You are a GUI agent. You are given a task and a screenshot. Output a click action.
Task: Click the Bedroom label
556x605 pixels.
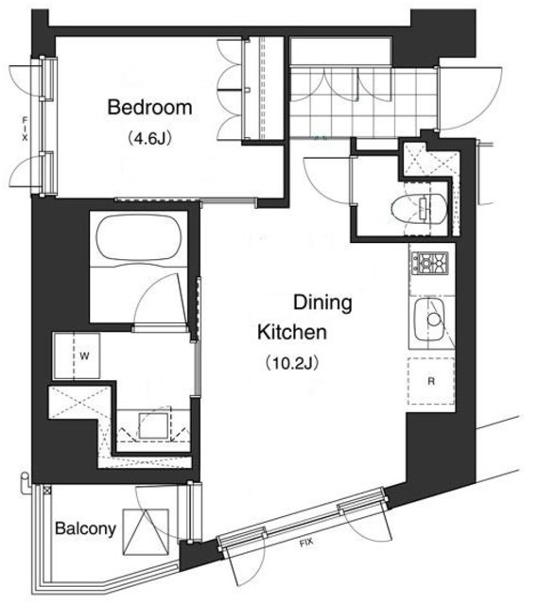[x=149, y=107]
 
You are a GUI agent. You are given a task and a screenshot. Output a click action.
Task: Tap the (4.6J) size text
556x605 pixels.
[x=149, y=138]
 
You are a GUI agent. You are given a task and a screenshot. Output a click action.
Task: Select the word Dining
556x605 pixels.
[x=322, y=303]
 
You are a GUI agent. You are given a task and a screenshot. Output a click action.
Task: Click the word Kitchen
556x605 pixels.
[x=292, y=332]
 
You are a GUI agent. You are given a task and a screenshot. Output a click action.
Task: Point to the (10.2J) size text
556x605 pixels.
[x=292, y=363]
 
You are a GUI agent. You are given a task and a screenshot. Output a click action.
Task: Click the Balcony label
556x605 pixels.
[x=85, y=528]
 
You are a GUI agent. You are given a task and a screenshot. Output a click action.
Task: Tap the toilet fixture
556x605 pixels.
[x=419, y=208]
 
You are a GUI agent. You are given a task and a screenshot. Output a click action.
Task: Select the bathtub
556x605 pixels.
[x=138, y=236]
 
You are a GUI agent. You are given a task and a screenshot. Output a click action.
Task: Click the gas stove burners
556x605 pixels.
[x=431, y=263]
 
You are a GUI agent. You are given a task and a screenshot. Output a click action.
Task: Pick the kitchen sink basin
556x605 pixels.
[x=429, y=320]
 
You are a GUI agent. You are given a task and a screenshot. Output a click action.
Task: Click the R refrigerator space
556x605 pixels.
[x=431, y=381]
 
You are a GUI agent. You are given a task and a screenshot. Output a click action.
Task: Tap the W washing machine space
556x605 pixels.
[x=77, y=355]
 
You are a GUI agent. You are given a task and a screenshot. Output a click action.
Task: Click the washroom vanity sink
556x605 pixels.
[x=153, y=425]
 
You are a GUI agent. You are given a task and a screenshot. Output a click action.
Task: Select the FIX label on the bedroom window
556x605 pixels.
[x=26, y=129]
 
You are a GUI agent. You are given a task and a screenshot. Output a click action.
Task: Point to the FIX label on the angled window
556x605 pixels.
[x=306, y=544]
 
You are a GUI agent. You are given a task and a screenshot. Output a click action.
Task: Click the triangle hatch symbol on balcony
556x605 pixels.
[x=146, y=532]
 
